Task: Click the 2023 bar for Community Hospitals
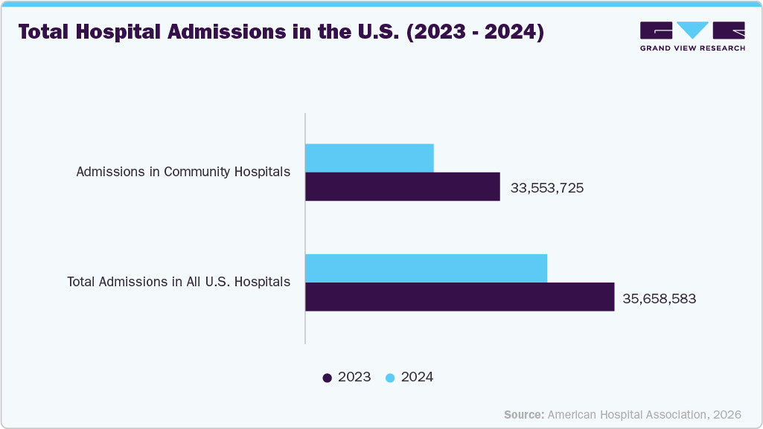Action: (x=402, y=187)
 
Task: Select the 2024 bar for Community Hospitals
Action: (x=369, y=158)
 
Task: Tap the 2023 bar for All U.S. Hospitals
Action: (x=459, y=297)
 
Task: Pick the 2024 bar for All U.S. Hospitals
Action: (x=426, y=268)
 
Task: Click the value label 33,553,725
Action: (x=546, y=188)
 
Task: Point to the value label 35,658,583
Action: (x=660, y=298)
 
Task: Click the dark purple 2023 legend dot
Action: (x=327, y=378)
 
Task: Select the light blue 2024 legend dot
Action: (x=389, y=378)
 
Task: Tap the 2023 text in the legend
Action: (x=354, y=377)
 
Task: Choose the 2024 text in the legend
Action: (x=417, y=377)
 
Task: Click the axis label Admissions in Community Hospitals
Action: (x=183, y=172)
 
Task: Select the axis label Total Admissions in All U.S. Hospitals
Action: (x=179, y=282)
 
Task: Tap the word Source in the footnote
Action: (x=523, y=414)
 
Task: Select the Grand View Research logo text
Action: (x=692, y=49)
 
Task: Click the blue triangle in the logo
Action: (x=693, y=30)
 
